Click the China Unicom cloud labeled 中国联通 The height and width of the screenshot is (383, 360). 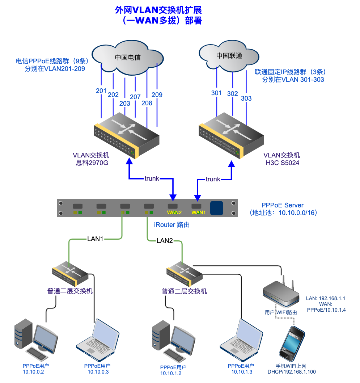(229, 56)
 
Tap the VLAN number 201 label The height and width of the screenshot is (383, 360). (101, 91)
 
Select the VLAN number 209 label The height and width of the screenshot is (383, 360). (157, 95)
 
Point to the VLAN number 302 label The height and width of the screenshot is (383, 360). (233, 94)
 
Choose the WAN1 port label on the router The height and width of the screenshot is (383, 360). (198, 212)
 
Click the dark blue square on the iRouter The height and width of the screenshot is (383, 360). (216, 208)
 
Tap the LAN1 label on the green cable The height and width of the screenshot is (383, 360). (95, 239)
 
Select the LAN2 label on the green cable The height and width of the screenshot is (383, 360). (165, 241)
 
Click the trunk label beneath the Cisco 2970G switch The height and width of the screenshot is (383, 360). (152, 179)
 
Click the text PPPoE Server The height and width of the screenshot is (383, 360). (283, 206)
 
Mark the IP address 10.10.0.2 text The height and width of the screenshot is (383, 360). (33, 372)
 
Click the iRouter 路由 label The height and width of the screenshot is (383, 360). (172, 225)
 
